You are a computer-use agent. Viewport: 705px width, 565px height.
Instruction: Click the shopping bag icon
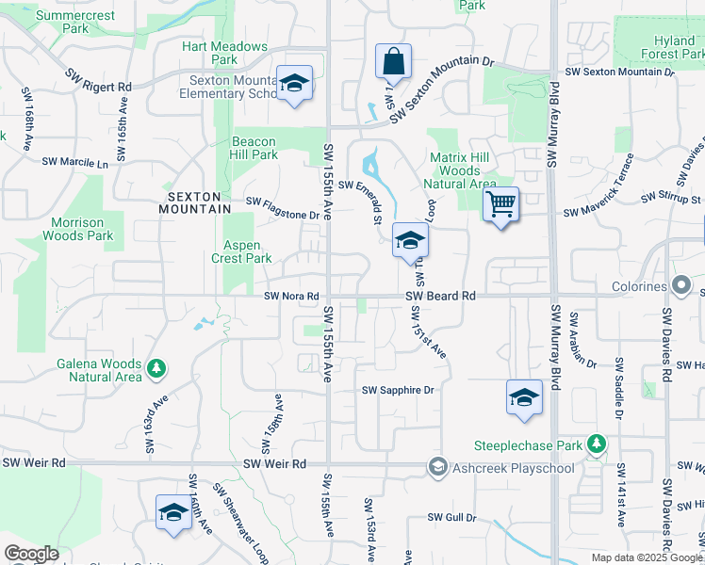point(393,61)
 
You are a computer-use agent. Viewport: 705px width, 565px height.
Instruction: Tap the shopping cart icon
point(500,203)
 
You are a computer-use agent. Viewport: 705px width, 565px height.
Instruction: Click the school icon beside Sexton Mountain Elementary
point(294,84)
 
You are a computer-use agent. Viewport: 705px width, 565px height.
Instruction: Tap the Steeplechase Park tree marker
point(595,443)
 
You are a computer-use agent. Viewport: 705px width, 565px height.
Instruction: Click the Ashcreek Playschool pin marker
point(436,465)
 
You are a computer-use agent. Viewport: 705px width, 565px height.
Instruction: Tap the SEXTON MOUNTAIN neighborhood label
point(199,202)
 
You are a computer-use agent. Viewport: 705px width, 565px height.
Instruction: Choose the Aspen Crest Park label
point(241,251)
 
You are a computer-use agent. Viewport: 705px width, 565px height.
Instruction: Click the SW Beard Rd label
point(441,296)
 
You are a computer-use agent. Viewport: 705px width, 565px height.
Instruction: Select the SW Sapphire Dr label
point(399,390)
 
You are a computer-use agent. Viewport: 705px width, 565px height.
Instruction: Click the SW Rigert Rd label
point(98,80)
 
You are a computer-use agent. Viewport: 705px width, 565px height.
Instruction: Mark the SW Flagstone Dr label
point(282,208)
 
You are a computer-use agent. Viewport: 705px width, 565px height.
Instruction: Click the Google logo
point(31,554)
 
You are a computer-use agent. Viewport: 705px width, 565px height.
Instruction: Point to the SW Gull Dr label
point(452,518)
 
